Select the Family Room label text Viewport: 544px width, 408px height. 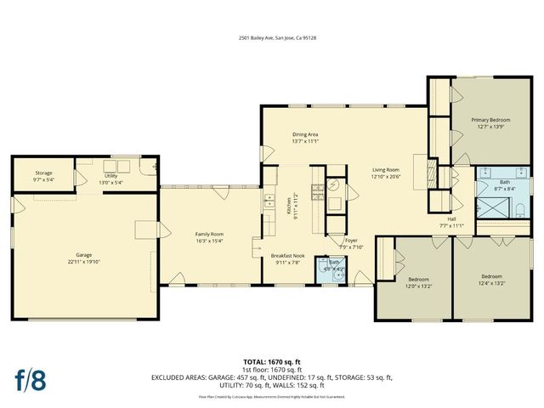pyautogui.click(x=209, y=234)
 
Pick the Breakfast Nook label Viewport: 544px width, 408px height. pyautogui.click(x=287, y=256)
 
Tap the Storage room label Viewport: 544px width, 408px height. pyautogui.click(x=43, y=173)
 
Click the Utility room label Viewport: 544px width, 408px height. pyautogui.click(x=110, y=175)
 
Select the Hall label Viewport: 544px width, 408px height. pyautogui.click(x=452, y=218)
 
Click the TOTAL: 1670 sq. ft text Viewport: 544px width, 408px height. pyautogui.click(x=272, y=362)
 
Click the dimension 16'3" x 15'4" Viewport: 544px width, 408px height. pyautogui.click(x=209, y=241)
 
